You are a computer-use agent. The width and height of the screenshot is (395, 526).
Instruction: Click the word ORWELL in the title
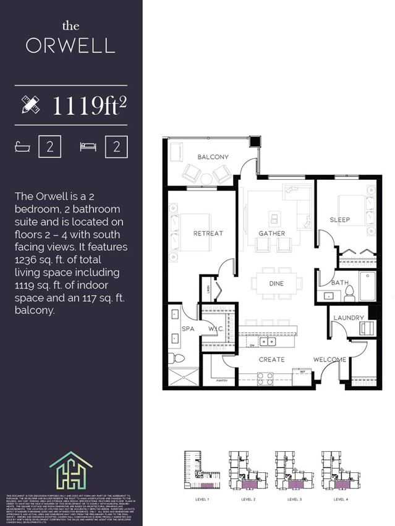click(x=70, y=46)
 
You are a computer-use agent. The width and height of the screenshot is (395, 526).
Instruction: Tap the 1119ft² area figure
click(x=89, y=106)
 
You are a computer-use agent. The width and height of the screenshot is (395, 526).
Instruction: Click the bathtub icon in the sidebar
click(x=23, y=146)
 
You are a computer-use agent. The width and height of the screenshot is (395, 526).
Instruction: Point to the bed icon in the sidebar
click(x=88, y=146)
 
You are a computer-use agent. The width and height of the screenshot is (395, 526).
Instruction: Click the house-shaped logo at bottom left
click(x=71, y=470)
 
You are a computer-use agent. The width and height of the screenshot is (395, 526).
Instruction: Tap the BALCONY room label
click(x=213, y=157)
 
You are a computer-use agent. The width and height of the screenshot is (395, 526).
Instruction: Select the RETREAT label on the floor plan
click(x=208, y=233)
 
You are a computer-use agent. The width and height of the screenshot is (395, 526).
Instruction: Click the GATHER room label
click(x=271, y=233)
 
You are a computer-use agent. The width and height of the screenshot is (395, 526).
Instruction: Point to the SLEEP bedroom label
click(x=339, y=220)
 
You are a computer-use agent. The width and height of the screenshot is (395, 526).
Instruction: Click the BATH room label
click(x=340, y=282)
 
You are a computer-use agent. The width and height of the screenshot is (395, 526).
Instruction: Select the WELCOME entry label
click(x=329, y=359)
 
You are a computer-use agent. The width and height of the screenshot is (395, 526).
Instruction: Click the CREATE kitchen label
click(x=272, y=359)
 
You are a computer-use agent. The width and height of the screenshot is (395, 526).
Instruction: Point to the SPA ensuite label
click(x=188, y=329)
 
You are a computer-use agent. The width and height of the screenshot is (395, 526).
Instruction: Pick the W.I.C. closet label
click(x=216, y=329)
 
